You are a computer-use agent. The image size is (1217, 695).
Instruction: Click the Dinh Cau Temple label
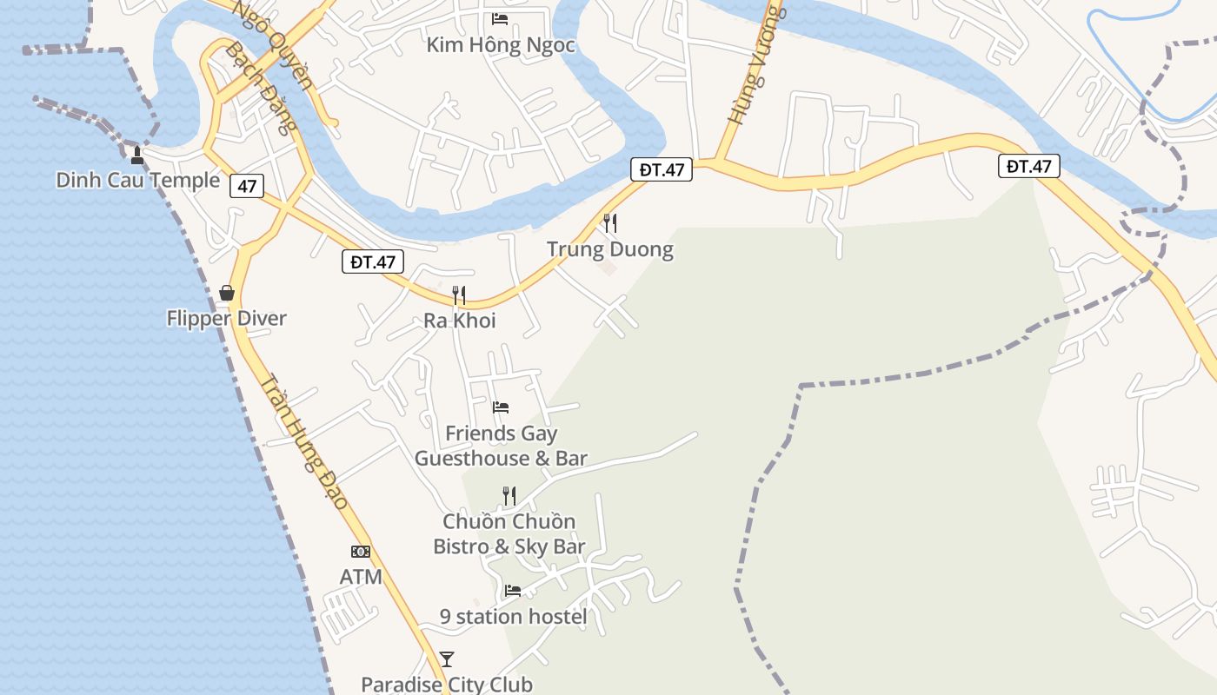[137, 181]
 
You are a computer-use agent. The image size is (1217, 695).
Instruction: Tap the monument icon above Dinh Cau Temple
[136, 156]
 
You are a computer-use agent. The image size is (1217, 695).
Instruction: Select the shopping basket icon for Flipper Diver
[227, 293]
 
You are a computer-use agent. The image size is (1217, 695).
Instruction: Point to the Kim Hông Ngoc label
[501, 45]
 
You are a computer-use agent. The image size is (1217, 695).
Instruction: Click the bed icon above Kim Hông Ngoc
[500, 18]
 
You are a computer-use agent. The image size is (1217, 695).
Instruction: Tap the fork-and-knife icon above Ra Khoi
[459, 295]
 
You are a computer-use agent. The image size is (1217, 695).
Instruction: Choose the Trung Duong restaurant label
[610, 250]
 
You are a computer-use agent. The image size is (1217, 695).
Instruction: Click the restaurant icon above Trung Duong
[610, 223]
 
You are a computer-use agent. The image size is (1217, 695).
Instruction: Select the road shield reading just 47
[248, 185]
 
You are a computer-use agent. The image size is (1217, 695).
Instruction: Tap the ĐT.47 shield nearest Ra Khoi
[373, 261]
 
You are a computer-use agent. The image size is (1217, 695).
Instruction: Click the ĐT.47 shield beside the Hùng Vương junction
[662, 169]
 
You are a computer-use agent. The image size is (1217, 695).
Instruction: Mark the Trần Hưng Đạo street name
[304, 443]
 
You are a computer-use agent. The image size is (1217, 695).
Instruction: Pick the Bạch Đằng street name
[262, 87]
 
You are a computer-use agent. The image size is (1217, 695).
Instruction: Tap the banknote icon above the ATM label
[361, 551]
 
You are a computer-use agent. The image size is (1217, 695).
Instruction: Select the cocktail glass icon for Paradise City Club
[447, 659]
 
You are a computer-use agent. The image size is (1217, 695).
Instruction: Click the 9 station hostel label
[513, 617]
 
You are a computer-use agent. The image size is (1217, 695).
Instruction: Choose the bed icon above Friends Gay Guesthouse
[500, 407]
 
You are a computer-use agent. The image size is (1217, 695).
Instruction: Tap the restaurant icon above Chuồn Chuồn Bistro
[509, 496]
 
